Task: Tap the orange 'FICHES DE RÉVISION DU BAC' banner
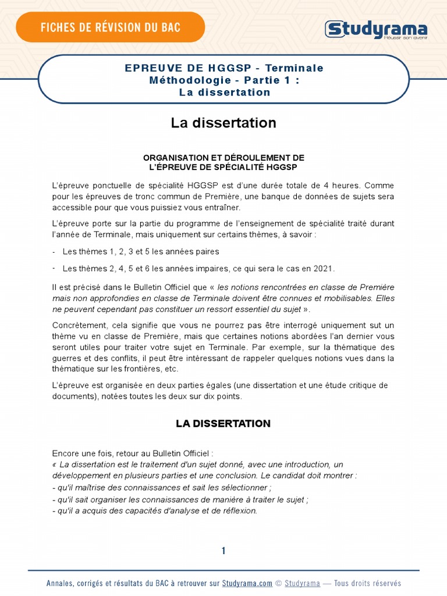pos(110,27)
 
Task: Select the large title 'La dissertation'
pos(223,123)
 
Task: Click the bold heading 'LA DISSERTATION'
pos(223,424)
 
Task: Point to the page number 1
pos(223,551)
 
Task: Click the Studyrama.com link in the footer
pos(247,583)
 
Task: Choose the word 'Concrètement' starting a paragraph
pos(79,325)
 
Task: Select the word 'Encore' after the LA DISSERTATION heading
pos(65,453)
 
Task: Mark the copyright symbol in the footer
pos(278,583)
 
